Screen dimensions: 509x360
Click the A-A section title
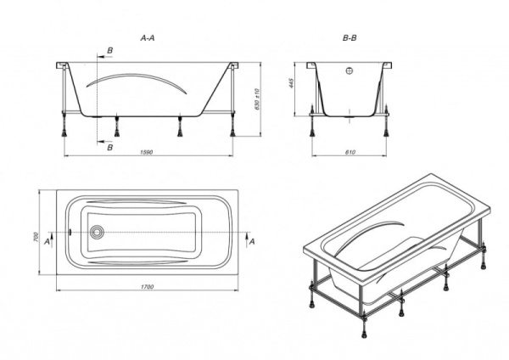coord(148,38)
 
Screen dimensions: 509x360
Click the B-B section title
coord(350,38)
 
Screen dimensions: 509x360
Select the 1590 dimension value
coord(147,152)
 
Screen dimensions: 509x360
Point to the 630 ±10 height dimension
coord(257,98)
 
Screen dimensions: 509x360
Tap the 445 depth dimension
coord(291,84)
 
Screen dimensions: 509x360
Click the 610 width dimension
coord(350,152)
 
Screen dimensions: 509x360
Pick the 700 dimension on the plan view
coord(36,237)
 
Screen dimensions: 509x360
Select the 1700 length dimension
coord(147,287)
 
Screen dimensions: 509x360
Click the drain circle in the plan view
coord(97,233)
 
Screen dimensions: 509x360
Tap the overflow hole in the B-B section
coord(350,70)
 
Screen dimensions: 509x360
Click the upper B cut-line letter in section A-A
coord(110,51)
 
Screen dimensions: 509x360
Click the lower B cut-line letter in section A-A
coord(110,148)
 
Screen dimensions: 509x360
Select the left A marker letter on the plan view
coord(47,242)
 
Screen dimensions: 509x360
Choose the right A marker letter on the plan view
coord(252,242)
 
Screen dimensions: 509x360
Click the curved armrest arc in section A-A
coord(137,76)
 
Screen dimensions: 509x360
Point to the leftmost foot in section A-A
coord(64,133)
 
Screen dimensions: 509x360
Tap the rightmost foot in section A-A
coord(232,133)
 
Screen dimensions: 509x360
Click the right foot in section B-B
coord(386,132)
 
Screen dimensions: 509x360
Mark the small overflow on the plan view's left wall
coord(70,233)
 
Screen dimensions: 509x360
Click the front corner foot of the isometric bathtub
coord(363,334)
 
